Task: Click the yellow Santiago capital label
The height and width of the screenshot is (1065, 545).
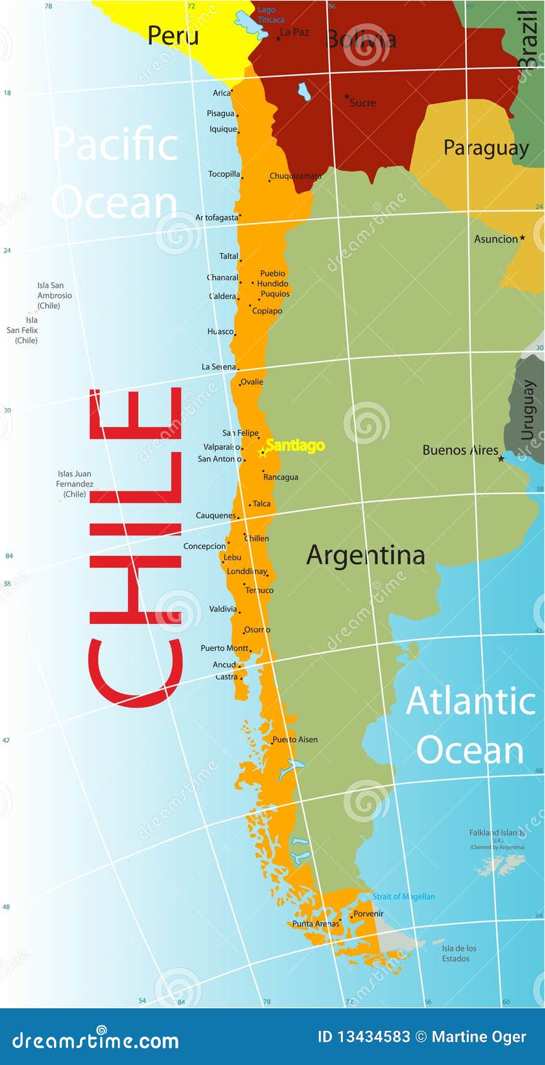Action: tap(295, 446)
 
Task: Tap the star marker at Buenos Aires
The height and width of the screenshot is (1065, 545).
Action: tap(501, 459)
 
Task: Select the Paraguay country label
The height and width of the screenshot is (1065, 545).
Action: tap(486, 147)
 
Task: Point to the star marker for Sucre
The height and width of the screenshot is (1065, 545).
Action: tap(347, 97)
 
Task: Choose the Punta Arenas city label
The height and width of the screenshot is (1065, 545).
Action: tap(316, 924)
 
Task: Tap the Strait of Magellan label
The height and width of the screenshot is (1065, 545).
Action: tap(403, 897)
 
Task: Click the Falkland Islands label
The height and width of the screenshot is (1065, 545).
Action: tap(496, 833)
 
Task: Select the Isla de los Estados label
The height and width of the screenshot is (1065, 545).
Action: tap(459, 953)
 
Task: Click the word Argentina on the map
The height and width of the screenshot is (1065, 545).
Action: tap(365, 555)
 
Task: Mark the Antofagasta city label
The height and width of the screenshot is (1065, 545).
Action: tap(217, 217)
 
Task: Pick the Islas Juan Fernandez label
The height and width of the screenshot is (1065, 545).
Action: tap(74, 484)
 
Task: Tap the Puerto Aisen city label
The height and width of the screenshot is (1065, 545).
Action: tap(295, 740)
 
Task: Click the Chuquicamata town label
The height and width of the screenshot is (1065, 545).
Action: tap(295, 176)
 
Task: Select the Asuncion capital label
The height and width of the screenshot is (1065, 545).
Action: tap(496, 239)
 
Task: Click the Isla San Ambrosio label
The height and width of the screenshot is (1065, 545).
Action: tap(54, 296)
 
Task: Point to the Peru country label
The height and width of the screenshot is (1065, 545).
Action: tap(173, 35)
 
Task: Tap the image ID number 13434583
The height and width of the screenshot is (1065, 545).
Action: tap(373, 1037)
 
